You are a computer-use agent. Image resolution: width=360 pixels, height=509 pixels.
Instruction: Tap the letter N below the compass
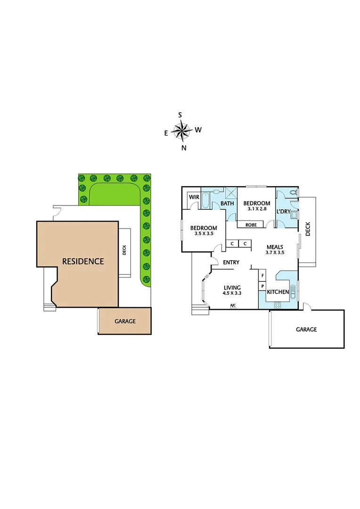184,148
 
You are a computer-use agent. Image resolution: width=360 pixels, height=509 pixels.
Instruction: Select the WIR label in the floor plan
194,197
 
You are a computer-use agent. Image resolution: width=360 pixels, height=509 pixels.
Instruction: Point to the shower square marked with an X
231,194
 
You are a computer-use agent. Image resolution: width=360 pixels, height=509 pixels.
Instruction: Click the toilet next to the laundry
293,192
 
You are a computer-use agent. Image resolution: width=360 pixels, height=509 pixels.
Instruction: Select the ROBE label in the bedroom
251,225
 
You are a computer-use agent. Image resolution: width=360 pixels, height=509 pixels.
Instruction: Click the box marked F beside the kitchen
262,275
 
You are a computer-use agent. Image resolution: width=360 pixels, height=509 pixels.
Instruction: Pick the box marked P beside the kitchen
262,286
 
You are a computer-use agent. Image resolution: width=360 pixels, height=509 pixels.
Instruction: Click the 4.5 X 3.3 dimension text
232,293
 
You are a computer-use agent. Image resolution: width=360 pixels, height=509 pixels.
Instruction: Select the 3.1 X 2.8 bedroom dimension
257,209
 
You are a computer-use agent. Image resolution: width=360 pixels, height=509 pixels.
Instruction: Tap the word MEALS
275,246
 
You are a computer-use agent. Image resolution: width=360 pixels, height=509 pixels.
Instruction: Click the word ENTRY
231,263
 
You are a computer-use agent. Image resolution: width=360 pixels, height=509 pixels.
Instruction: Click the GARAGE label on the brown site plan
125,321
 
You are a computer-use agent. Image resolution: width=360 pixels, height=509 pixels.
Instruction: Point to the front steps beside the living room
200,309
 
